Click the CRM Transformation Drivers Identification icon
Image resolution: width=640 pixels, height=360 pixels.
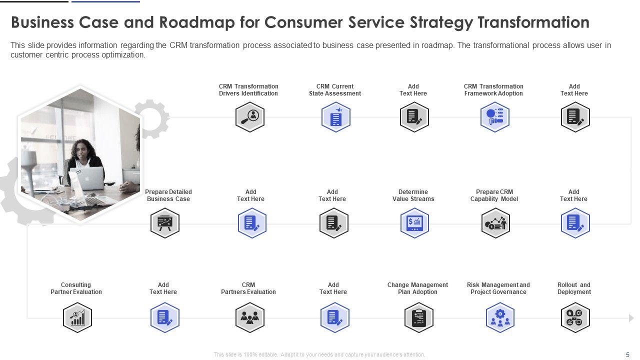(x=249, y=117)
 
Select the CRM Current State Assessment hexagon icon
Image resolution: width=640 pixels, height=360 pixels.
(x=335, y=117)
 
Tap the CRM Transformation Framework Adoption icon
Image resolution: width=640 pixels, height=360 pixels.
(x=494, y=117)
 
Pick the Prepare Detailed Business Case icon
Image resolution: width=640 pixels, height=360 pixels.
(x=164, y=223)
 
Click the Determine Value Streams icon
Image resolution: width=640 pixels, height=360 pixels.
(x=414, y=223)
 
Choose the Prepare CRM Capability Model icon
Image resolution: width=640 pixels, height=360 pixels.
(x=495, y=223)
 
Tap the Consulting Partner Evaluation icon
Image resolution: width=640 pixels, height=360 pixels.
(x=77, y=317)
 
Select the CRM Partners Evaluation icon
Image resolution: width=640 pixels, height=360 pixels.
(x=249, y=317)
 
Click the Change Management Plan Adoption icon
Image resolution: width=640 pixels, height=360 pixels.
(x=418, y=317)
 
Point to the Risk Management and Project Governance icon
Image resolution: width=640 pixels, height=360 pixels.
(x=499, y=317)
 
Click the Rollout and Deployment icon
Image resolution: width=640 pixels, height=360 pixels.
(x=575, y=317)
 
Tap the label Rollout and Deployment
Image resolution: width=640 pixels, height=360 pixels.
(x=574, y=288)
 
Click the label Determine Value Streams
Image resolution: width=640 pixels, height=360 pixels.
(x=413, y=195)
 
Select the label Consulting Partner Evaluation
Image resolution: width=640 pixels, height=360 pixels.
(x=76, y=288)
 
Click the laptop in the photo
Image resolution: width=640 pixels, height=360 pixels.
(x=88, y=178)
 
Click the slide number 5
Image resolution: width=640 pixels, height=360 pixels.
(x=627, y=354)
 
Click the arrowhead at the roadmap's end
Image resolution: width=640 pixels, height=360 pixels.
(x=631, y=318)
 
